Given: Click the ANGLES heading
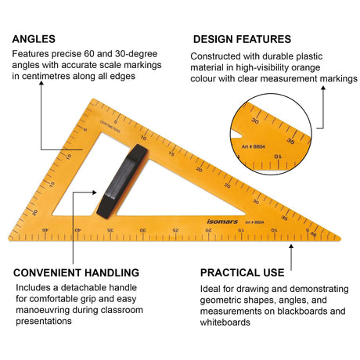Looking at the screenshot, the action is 34,39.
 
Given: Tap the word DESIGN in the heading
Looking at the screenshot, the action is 213,39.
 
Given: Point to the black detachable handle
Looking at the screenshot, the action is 122,181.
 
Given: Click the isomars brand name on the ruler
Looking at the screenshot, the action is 222,221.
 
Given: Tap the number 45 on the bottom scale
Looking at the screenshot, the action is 45,230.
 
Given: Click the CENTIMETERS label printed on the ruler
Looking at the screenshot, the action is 110,127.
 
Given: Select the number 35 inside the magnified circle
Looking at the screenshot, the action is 290,141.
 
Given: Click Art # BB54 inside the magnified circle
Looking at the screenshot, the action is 253,146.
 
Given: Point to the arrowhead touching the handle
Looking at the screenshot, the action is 95,193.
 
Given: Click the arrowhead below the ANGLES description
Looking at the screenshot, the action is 41,83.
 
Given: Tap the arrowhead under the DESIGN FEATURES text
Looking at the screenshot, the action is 323,88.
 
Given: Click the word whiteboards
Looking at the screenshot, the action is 225,322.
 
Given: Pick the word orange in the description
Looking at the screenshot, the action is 306,67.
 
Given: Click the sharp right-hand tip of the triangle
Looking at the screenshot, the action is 340,238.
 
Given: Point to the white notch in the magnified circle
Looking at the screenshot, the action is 236,135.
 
